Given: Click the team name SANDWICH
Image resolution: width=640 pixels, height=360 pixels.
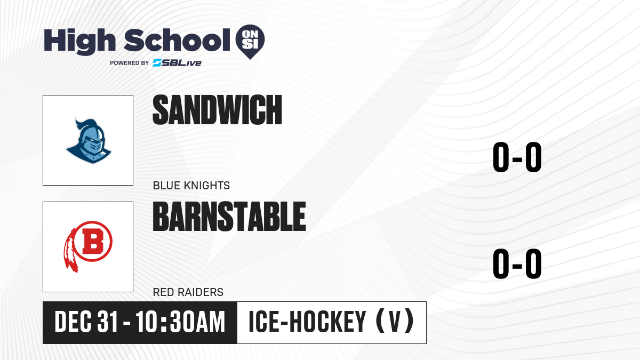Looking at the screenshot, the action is (x=218, y=110).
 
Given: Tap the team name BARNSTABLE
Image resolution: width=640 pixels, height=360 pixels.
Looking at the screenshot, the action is (x=229, y=217).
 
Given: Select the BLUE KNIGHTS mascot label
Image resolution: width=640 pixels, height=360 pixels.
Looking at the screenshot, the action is (x=191, y=186).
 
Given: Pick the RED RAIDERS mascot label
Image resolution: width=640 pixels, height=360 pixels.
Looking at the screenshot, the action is (x=188, y=292).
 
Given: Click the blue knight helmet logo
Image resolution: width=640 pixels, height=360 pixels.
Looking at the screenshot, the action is (x=89, y=141).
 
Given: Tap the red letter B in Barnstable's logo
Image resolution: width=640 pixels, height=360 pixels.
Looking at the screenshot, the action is (x=93, y=242).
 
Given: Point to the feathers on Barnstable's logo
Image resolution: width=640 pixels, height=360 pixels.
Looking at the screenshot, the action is (x=70, y=251).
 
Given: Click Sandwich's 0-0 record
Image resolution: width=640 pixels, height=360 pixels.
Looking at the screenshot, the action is (x=517, y=157).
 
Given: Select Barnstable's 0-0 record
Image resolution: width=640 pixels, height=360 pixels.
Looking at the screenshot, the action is (x=517, y=263).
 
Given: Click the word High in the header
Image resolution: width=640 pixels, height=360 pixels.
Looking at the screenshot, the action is (x=79, y=41).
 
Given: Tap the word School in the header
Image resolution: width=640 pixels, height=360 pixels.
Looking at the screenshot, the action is (x=177, y=41).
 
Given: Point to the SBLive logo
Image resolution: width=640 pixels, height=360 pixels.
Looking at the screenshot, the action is (x=177, y=63).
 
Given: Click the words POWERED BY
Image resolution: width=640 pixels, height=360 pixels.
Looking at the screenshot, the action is (x=130, y=63).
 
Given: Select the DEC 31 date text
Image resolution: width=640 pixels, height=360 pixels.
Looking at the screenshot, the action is (x=86, y=322).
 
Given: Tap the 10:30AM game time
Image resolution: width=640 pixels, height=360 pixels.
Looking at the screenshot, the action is (x=180, y=322).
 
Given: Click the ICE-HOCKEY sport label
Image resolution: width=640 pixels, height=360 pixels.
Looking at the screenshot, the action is (x=307, y=322).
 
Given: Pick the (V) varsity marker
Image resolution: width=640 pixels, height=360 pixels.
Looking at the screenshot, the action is (x=395, y=321).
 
